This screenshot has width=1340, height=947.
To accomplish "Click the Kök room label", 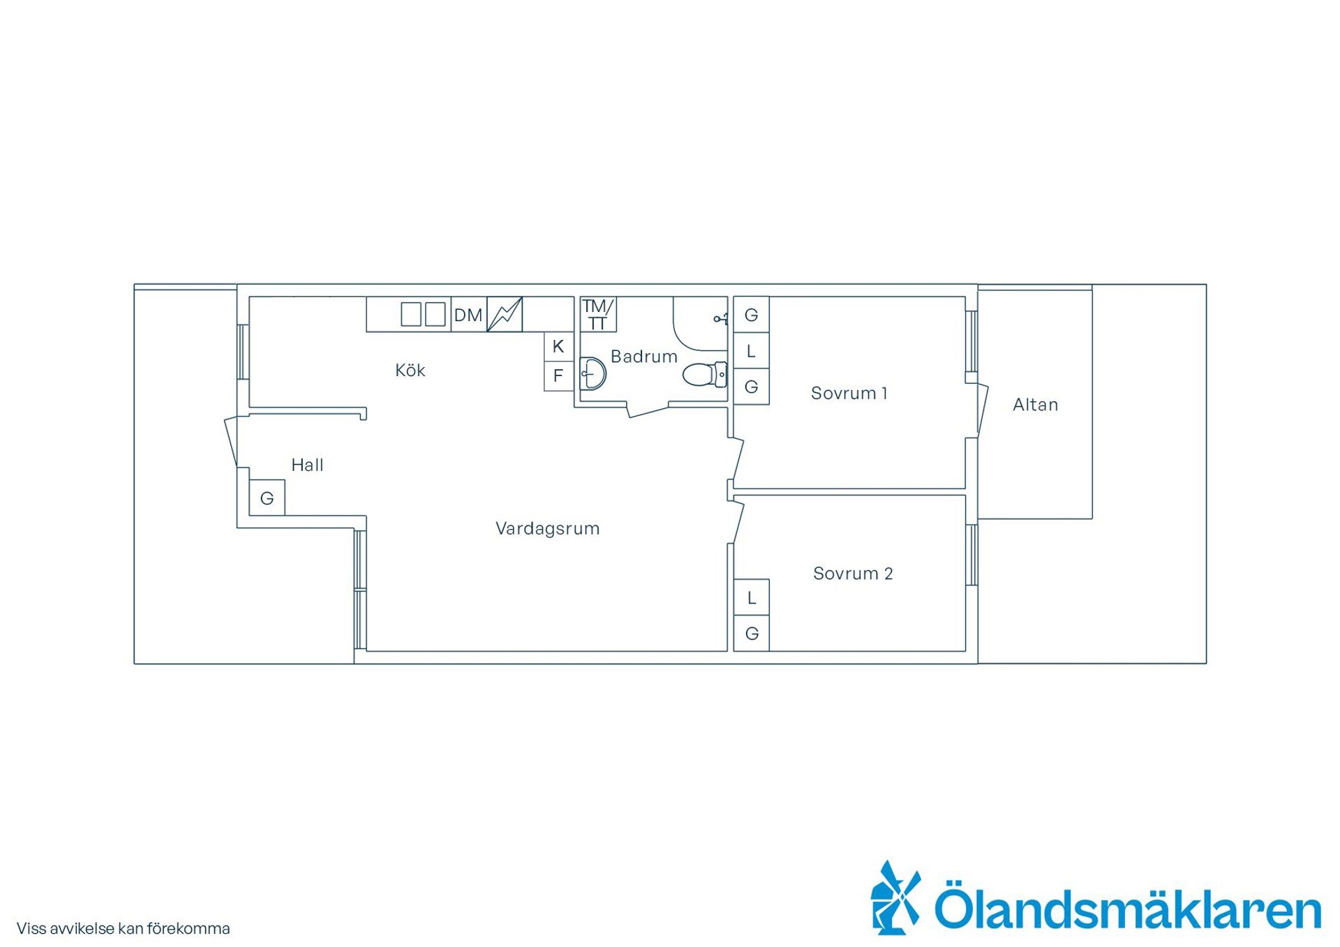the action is (x=410, y=370).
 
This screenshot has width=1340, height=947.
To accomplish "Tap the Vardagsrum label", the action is (x=547, y=528).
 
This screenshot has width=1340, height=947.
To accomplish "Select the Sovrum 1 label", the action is (x=849, y=393).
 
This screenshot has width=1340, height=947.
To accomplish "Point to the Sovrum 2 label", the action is (x=853, y=573).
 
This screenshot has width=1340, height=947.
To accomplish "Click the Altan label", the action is (x=1035, y=405).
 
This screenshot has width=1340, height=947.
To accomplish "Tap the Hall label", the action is (x=307, y=465).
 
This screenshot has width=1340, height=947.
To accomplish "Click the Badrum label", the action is (x=643, y=357).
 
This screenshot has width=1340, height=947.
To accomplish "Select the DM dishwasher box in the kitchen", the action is (x=469, y=315).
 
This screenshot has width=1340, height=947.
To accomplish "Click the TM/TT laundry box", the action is (x=598, y=315).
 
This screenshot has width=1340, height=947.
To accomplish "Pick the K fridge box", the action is (x=558, y=347).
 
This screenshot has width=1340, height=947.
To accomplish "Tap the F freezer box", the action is (x=558, y=376).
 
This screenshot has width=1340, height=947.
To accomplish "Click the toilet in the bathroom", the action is (x=705, y=375).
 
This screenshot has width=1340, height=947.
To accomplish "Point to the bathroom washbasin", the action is (x=593, y=373).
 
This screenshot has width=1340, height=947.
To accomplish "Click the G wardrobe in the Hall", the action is (x=267, y=498).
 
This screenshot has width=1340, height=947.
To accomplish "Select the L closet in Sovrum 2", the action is (x=752, y=597).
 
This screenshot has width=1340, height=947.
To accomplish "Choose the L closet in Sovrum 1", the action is (x=752, y=351).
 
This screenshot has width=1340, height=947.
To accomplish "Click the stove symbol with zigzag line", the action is (x=505, y=315).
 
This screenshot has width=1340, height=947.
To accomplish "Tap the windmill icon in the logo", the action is (x=895, y=897).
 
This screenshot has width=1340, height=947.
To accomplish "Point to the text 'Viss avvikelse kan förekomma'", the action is (x=123, y=929).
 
